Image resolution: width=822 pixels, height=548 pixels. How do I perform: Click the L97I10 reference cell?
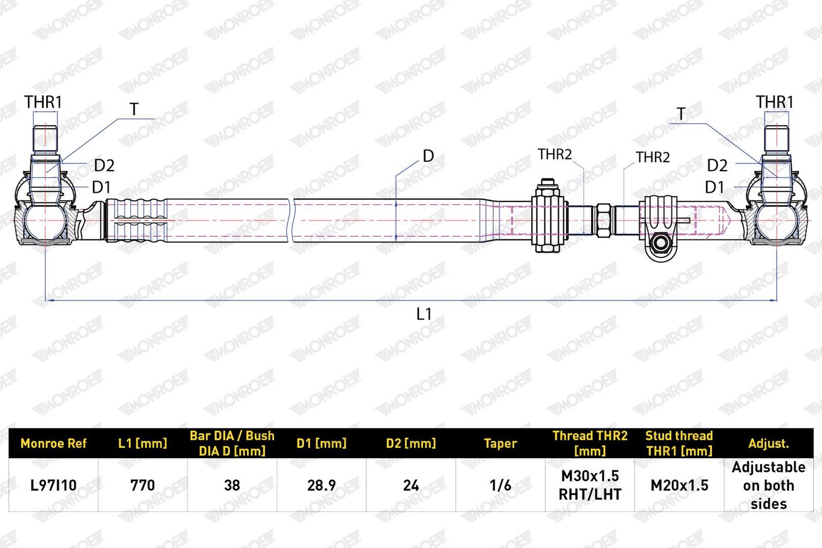[x=53, y=485]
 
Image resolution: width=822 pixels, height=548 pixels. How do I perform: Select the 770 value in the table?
[x=142, y=485]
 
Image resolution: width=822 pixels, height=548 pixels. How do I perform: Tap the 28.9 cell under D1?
[x=322, y=485]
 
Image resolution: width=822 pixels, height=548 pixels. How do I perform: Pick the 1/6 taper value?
[x=500, y=485]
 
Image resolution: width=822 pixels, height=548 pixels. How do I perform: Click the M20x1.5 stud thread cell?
[x=679, y=485]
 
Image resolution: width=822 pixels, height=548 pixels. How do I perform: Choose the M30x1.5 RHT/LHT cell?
[x=590, y=485]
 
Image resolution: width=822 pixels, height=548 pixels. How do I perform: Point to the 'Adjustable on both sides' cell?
[x=769, y=485]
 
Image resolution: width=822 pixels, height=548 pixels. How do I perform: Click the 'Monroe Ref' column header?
[x=53, y=443]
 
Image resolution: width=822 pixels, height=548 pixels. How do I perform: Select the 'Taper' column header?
[x=500, y=444]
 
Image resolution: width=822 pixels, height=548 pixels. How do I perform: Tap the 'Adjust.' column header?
[x=769, y=444]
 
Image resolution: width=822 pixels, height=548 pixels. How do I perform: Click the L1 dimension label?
[x=424, y=314]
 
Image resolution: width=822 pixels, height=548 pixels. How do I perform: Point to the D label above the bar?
[x=428, y=156]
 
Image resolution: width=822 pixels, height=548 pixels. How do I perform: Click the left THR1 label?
[x=43, y=102]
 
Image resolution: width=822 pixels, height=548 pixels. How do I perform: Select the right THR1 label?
[x=775, y=102]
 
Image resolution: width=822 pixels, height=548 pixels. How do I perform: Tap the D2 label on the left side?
[x=104, y=165]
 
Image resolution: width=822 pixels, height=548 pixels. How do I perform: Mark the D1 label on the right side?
[x=714, y=187]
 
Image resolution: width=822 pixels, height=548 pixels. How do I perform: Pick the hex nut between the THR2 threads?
[x=604, y=220]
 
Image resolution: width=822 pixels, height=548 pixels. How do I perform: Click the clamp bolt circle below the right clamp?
[x=661, y=243]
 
